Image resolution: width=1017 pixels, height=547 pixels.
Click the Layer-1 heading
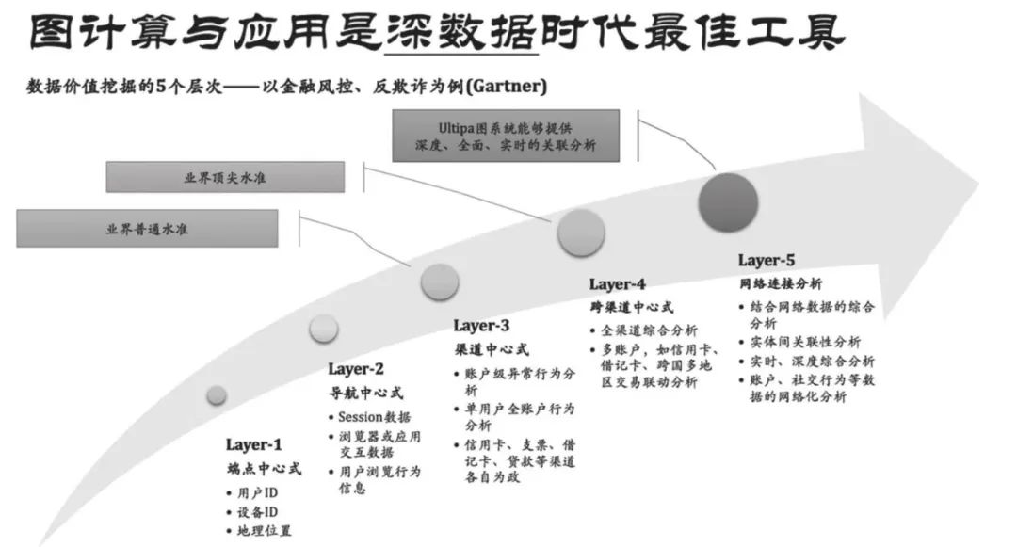(253, 444)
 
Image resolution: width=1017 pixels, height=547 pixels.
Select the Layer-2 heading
(356, 369)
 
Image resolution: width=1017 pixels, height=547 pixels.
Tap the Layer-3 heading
(481, 326)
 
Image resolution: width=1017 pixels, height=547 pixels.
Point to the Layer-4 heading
(618, 284)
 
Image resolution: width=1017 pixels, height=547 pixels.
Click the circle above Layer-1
(217, 395)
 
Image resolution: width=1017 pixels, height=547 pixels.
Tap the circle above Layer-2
(323, 328)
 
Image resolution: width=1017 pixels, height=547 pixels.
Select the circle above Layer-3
(440, 282)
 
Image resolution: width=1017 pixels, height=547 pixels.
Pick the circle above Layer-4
(581, 233)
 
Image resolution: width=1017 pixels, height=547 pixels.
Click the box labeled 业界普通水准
(147, 229)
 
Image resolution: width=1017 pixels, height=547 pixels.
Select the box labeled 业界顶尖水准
(225, 176)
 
